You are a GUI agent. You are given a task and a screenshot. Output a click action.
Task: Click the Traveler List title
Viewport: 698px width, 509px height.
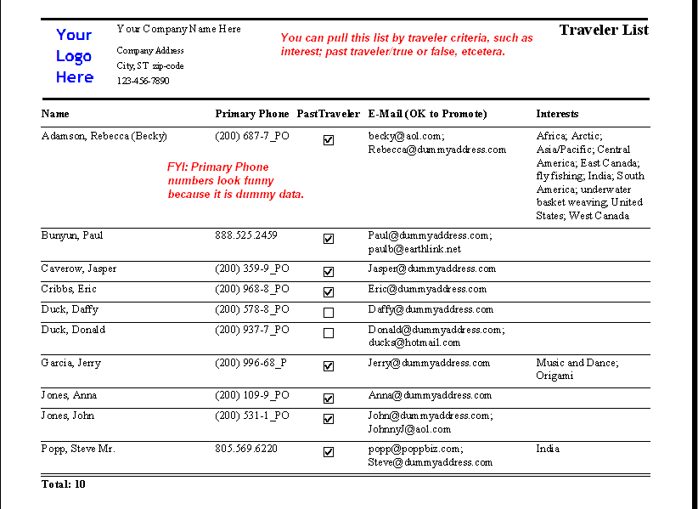pyautogui.click(x=604, y=31)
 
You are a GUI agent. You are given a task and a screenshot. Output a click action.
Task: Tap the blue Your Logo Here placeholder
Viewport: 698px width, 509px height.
pyautogui.click(x=75, y=56)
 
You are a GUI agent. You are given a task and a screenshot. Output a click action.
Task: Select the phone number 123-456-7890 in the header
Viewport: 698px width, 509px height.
pyautogui.click(x=143, y=82)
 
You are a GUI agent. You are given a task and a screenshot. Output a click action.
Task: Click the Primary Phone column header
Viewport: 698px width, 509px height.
pyautogui.click(x=252, y=114)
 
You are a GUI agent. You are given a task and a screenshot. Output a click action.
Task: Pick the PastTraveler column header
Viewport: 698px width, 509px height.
pyautogui.click(x=329, y=114)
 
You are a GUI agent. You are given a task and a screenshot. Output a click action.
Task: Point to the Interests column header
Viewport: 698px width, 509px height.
pyautogui.click(x=557, y=114)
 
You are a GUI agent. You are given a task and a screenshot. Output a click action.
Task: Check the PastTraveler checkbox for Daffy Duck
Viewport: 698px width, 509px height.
pyautogui.click(x=329, y=313)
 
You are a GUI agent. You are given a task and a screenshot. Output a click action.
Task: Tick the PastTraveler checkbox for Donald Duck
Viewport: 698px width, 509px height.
pyautogui.click(x=329, y=333)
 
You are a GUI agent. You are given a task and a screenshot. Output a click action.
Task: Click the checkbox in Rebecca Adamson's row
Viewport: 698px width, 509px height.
pyautogui.click(x=329, y=140)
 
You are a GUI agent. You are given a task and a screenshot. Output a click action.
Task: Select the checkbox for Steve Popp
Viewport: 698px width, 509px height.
pyautogui.click(x=329, y=452)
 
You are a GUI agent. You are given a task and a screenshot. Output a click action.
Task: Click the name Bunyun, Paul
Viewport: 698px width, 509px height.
pyautogui.click(x=72, y=235)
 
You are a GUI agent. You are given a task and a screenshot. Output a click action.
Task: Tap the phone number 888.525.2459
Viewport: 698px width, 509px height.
pyautogui.click(x=246, y=235)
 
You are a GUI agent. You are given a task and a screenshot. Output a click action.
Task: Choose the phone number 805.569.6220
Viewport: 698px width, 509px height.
pyautogui.click(x=246, y=449)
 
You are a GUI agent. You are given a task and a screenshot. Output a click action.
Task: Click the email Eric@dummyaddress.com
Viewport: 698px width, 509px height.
pyautogui.click(x=427, y=289)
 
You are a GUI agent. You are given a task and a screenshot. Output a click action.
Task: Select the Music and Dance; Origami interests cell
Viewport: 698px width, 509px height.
pyautogui.click(x=577, y=369)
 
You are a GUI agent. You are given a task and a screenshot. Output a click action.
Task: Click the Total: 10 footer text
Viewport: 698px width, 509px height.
pyautogui.click(x=64, y=484)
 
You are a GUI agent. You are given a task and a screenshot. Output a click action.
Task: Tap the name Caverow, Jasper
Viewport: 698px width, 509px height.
pyautogui.click(x=79, y=269)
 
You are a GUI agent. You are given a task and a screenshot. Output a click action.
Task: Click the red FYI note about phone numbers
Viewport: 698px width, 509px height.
pyautogui.click(x=235, y=181)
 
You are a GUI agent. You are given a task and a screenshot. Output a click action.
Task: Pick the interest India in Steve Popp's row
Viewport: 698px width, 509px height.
pyautogui.click(x=548, y=449)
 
